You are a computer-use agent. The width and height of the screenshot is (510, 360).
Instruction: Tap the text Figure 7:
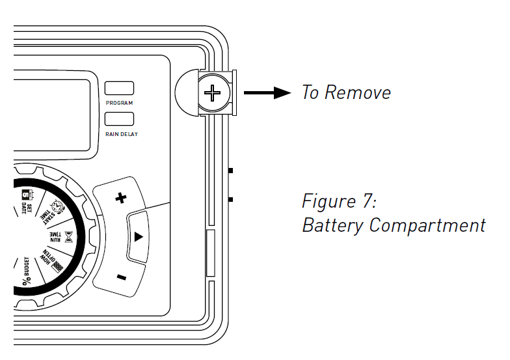(339, 201)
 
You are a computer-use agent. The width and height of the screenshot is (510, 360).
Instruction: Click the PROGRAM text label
(119, 103)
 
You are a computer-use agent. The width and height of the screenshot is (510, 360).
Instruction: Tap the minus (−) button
(122, 277)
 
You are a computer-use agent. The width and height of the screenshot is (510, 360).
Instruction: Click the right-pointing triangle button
(138, 238)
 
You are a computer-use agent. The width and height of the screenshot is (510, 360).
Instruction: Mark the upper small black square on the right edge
(231, 171)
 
